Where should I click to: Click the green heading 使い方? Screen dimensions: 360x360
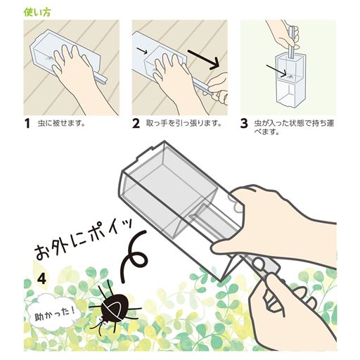[37, 13]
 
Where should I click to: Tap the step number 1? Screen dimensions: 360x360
[27, 124]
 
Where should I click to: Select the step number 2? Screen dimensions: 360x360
[136, 124]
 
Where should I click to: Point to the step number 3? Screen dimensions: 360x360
[244, 124]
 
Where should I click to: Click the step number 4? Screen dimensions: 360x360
[41, 278]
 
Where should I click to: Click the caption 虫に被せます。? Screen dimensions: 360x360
[61, 123]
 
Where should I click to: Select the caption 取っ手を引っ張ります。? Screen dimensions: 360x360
[184, 123]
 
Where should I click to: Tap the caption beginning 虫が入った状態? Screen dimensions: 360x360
[294, 127]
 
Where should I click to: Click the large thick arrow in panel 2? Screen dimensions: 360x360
[203, 60]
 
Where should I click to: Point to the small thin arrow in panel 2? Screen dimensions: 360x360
[142, 51]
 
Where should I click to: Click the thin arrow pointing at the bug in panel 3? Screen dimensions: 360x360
[276, 70]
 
